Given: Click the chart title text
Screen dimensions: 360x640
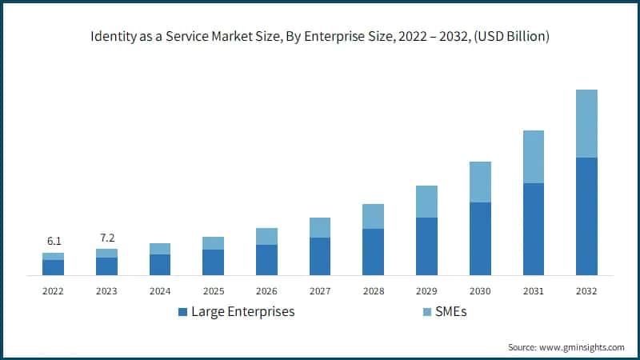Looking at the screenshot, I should pos(320,38).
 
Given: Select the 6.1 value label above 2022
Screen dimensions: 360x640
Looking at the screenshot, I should pos(54,241).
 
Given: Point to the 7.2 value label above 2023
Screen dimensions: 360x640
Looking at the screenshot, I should pos(106,238).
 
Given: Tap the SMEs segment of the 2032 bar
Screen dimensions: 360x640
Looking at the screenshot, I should pos(586,123).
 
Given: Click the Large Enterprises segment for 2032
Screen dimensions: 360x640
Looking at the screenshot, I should pos(586,216).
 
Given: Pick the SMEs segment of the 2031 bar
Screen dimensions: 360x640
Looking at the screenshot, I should pos(533,157).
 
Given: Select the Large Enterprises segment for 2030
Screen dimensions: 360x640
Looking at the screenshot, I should pos(480,238).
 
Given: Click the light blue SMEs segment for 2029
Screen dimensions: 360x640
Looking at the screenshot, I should pos(426,202).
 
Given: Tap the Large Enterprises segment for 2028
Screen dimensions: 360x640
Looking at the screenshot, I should pos(373,252).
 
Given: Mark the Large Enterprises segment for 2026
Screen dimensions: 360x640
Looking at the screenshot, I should pos(266,260).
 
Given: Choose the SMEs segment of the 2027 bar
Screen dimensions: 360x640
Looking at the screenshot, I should pos(320,227).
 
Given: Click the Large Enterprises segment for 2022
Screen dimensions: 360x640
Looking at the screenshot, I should pos(54,267).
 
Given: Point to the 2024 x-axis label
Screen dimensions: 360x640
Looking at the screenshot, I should pos(160,291).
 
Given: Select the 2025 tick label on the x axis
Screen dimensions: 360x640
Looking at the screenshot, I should pos(213,291).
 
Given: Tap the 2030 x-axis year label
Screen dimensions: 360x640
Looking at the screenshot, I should pos(480,291).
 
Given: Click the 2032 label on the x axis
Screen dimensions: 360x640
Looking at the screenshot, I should pos(586,291).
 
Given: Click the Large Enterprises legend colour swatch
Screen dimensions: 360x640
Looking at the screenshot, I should pos(182,311).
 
